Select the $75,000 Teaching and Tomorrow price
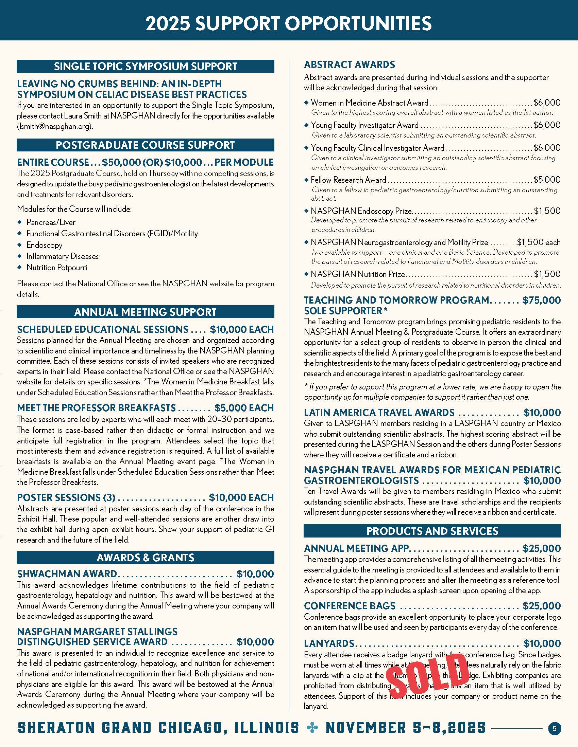coord(541,300)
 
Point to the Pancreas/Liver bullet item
coord(51,222)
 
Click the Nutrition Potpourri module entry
coord(57,268)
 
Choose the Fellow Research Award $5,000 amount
coord(547,180)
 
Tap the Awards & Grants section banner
coord(145,558)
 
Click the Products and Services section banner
coord(432,531)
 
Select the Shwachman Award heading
coord(67,573)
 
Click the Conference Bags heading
coord(350,606)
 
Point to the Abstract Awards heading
coord(349,65)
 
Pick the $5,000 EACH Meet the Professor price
coord(244,408)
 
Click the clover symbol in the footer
coord(312,728)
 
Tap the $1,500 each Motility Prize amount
coord(538,242)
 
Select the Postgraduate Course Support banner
coord(145,145)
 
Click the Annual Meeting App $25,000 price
coord(541,548)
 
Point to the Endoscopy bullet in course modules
coord(45,245)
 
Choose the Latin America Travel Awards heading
coord(379,413)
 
